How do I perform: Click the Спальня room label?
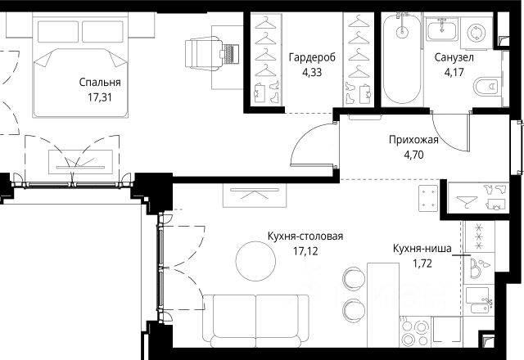(100, 83)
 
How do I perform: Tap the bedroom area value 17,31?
(100, 97)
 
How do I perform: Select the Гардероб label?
(312, 57)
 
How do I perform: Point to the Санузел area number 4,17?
(454, 72)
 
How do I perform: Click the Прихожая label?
(413, 140)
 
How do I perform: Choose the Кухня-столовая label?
(305, 236)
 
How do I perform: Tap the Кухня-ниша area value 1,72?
(422, 263)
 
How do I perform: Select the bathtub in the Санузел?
(402, 59)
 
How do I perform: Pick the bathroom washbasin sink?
(442, 29)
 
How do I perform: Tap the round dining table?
(255, 261)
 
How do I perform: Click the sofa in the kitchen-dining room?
(255, 321)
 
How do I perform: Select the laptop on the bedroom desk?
(229, 54)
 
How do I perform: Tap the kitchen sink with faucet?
(479, 300)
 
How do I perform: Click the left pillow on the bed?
(58, 32)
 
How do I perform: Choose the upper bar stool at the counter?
(355, 278)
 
